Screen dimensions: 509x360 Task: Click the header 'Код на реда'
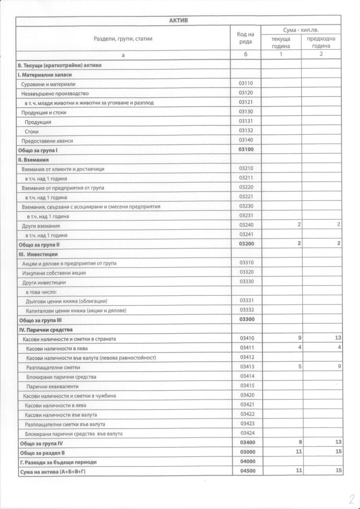pyautogui.click(x=246, y=38)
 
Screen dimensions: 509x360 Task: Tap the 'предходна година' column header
pyautogui.click(x=321, y=42)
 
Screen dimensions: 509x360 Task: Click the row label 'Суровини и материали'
pyautogui.click(x=48, y=84)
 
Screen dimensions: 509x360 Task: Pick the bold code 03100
pyautogui.click(x=246, y=150)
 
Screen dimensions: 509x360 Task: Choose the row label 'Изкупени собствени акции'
pyautogui.click(x=54, y=273)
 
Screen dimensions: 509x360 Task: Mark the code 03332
pyautogui.click(x=246, y=310)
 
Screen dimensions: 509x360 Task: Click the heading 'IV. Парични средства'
pyautogui.click(x=45, y=330)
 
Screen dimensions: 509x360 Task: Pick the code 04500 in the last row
pyautogui.click(x=247, y=470)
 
